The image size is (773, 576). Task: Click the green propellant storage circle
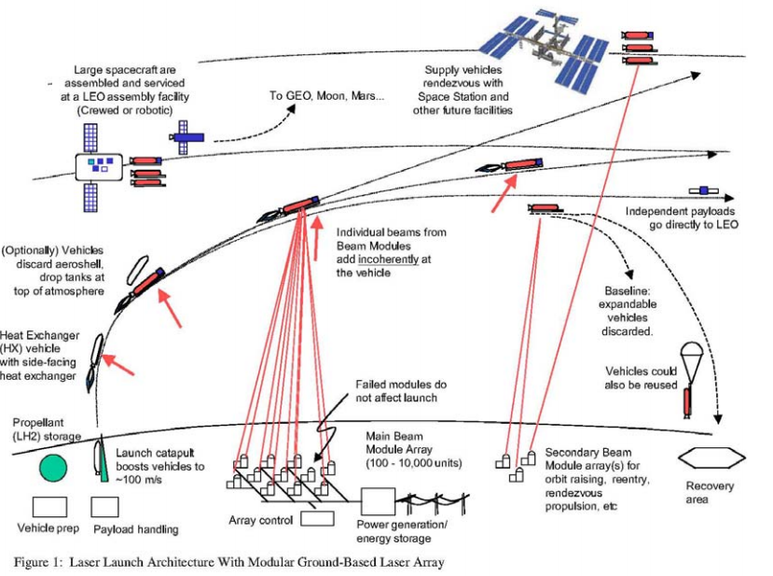click(54, 469)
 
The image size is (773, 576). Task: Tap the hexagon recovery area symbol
click(711, 457)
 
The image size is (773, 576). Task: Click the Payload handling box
click(109, 507)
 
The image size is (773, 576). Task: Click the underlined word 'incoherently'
click(378, 260)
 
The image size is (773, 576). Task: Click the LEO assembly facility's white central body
click(101, 166)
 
